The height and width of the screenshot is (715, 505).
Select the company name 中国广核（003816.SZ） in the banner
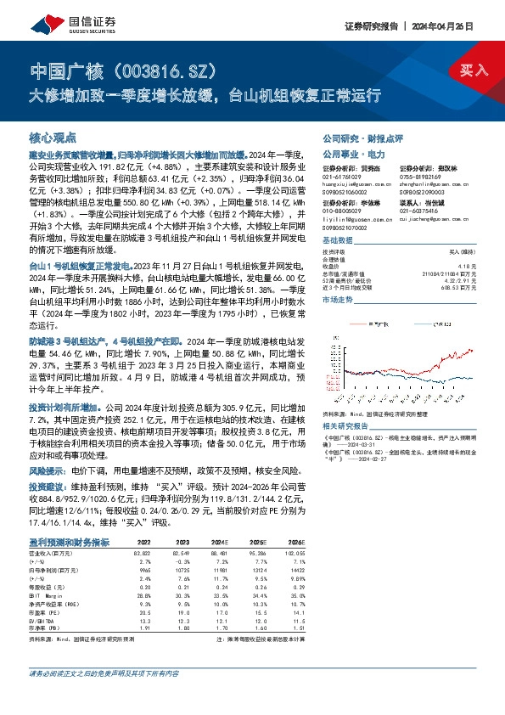pos(128,68)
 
